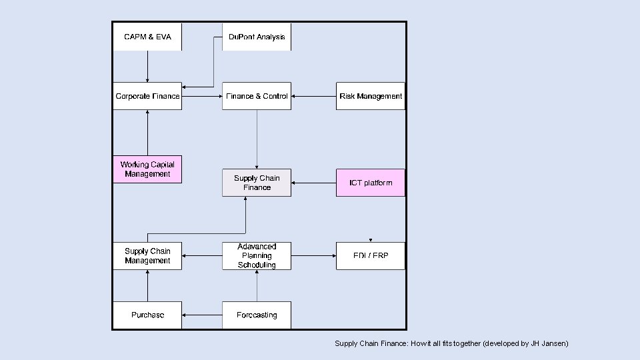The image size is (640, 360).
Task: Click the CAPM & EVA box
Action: tap(147, 37)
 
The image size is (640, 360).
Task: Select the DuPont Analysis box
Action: tap(257, 37)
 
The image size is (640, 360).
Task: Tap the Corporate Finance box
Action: tap(147, 96)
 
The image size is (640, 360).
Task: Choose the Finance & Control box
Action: tap(257, 96)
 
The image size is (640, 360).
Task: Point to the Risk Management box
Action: tap(371, 96)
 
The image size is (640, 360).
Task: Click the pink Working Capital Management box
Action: tap(147, 169)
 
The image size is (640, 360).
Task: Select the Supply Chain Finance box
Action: tap(257, 183)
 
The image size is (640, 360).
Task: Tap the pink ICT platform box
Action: tap(371, 183)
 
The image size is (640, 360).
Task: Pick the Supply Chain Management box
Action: tap(147, 256)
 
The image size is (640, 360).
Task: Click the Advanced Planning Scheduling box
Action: tap(257, 256)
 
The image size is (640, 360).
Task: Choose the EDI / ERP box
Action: tap(371, 256)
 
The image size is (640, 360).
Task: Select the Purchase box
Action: tap(147, 315)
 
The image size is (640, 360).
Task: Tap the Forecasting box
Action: tap(257, 315)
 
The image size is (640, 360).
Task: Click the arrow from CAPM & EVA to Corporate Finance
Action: tap(147, 67)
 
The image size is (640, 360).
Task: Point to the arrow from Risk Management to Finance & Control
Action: tap(313, 96)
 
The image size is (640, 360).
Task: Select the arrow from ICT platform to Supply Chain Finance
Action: tap(313, 183)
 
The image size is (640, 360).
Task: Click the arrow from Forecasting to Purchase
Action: tap(202, 315)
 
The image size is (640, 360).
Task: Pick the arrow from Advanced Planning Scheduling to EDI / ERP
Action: tap(313, 256)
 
